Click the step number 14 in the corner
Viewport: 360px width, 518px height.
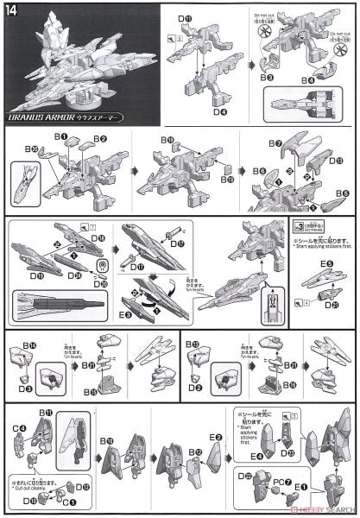point(11,10)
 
